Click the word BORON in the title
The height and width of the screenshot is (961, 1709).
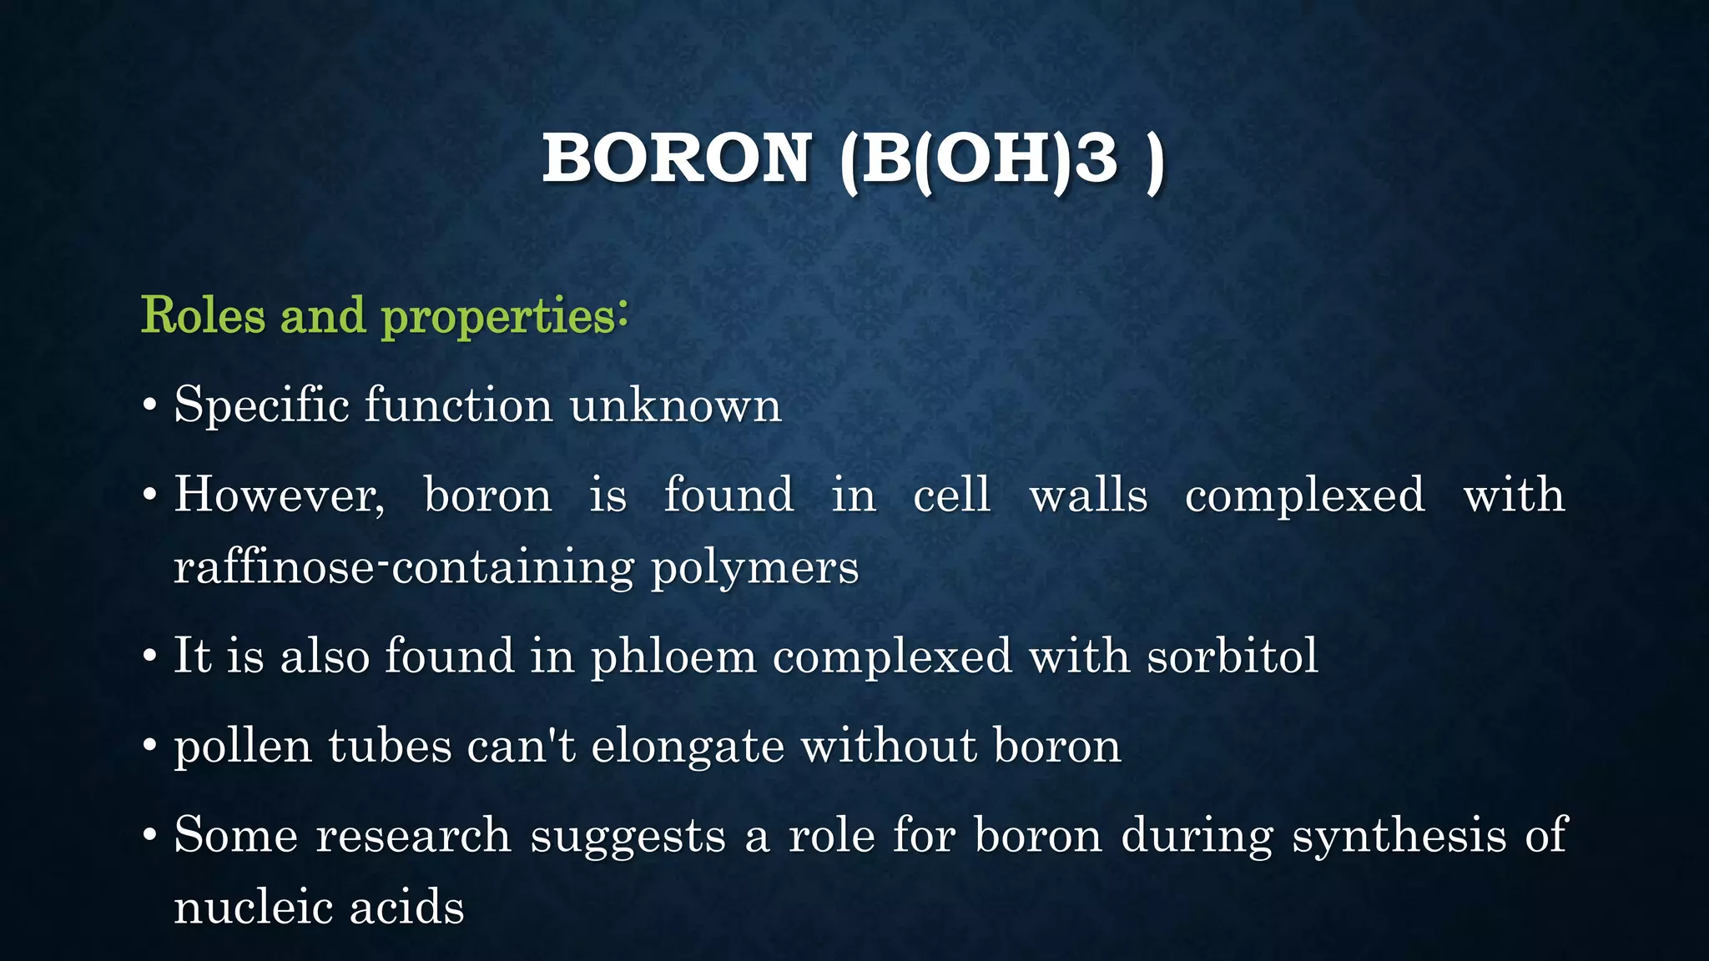coord(677,158)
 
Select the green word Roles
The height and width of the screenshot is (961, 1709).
coord(203,315)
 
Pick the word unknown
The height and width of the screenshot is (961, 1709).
coord(675,405)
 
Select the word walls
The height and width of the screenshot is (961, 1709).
coord(1088,495)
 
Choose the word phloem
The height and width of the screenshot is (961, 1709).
coord(673,657)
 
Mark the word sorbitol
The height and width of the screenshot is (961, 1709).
coord(1232,656)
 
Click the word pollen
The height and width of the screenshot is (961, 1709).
coord(243,747)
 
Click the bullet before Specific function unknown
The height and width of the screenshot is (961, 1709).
coord(149,406)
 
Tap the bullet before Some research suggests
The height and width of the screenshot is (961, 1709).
coord(149,835)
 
